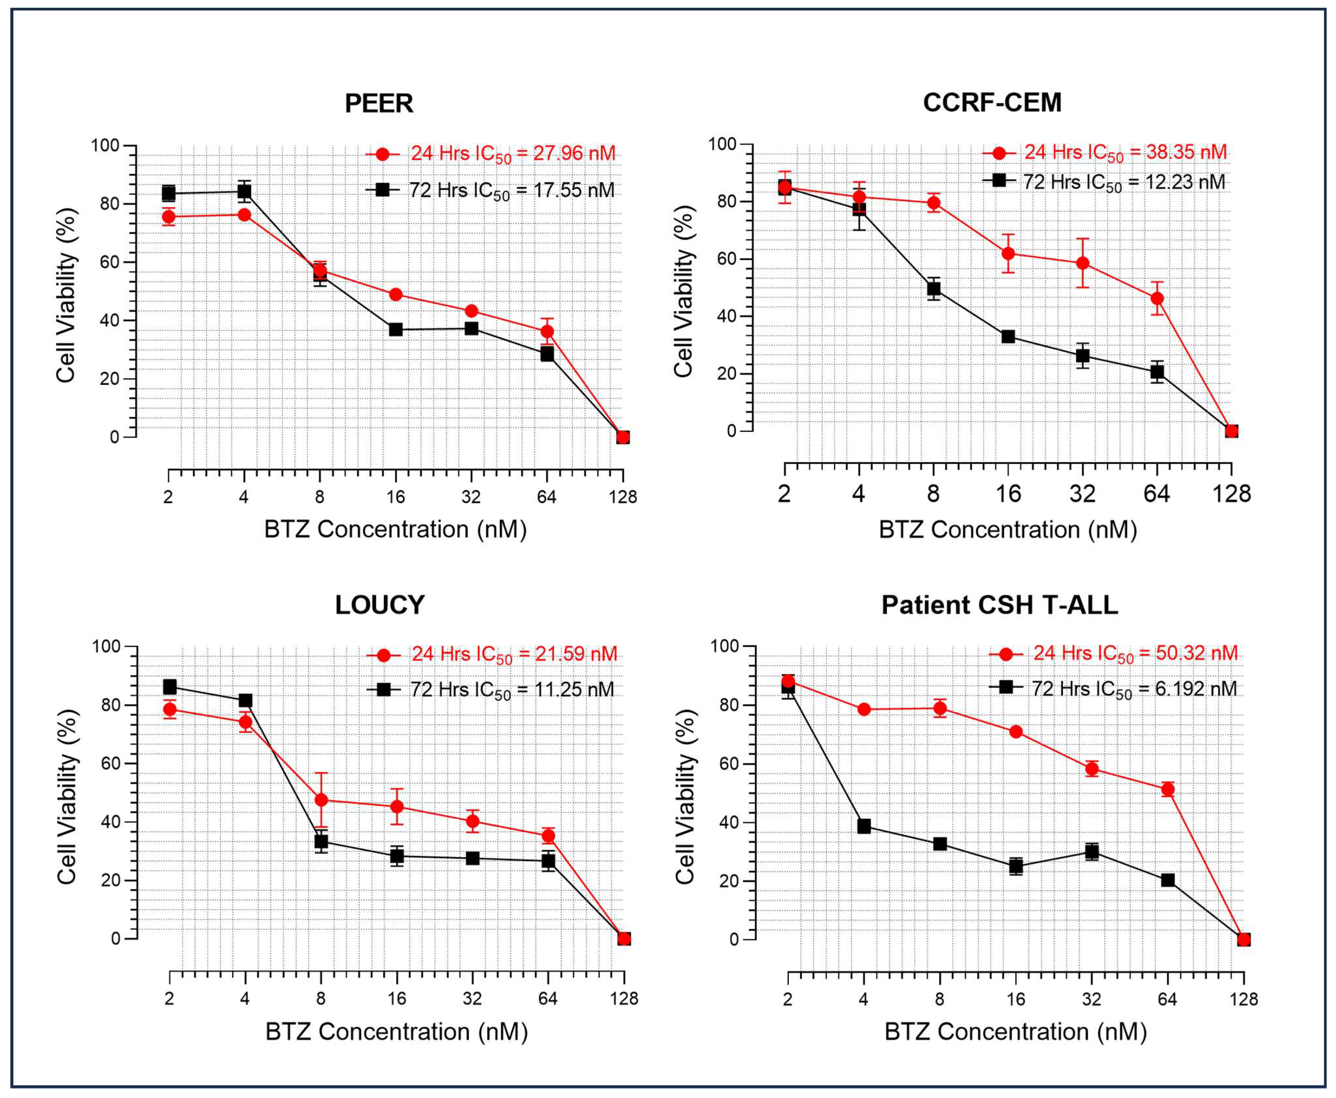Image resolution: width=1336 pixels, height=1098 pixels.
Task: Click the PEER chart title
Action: tap(378, 103)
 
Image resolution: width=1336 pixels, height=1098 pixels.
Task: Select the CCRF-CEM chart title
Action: tap(992, 103)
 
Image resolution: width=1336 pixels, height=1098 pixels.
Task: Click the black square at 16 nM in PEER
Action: tap(395, 329)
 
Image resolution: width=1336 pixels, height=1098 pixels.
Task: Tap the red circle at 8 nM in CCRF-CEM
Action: tap(933, 202)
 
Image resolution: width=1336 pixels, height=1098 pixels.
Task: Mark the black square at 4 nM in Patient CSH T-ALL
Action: tap(864, 826)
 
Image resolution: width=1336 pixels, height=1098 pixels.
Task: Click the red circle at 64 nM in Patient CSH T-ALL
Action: tap(1168, 789)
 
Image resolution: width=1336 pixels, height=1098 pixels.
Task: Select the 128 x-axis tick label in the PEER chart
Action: tap(623, 497)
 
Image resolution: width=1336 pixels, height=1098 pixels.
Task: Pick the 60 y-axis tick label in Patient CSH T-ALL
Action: tap(725, 764)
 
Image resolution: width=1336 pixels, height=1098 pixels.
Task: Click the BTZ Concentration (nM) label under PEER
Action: tap(395, 529)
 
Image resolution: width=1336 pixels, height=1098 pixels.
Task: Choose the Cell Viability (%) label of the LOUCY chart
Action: tap(67, 797)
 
